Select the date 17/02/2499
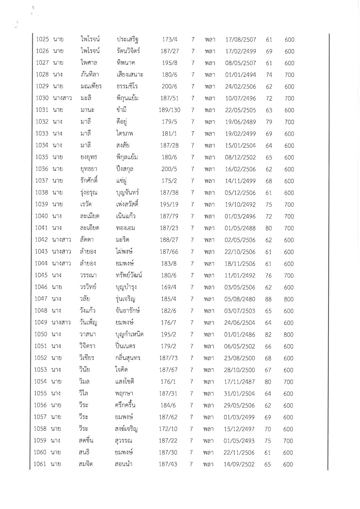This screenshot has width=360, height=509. click(241, 51)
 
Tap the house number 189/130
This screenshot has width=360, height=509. click(170, 110)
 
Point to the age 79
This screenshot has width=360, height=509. click(269, 122)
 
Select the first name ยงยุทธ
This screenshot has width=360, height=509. click(89, 157)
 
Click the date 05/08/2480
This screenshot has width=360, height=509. click(240, 299)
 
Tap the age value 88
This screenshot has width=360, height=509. click(268, 299)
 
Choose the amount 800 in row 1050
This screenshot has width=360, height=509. click(289, 335)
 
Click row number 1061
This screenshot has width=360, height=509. click(40, 464)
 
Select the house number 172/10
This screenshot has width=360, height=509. click(168, 429)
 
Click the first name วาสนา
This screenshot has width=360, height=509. click(87, 335)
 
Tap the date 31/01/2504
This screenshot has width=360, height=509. click(239, 394)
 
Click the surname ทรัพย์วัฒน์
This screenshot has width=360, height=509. click(128, 275)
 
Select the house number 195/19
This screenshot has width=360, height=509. click(169, 205)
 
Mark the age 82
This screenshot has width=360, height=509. click(268, 335)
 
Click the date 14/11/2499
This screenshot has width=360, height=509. click(240, 181)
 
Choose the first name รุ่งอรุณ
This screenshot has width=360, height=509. click(89, 193)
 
